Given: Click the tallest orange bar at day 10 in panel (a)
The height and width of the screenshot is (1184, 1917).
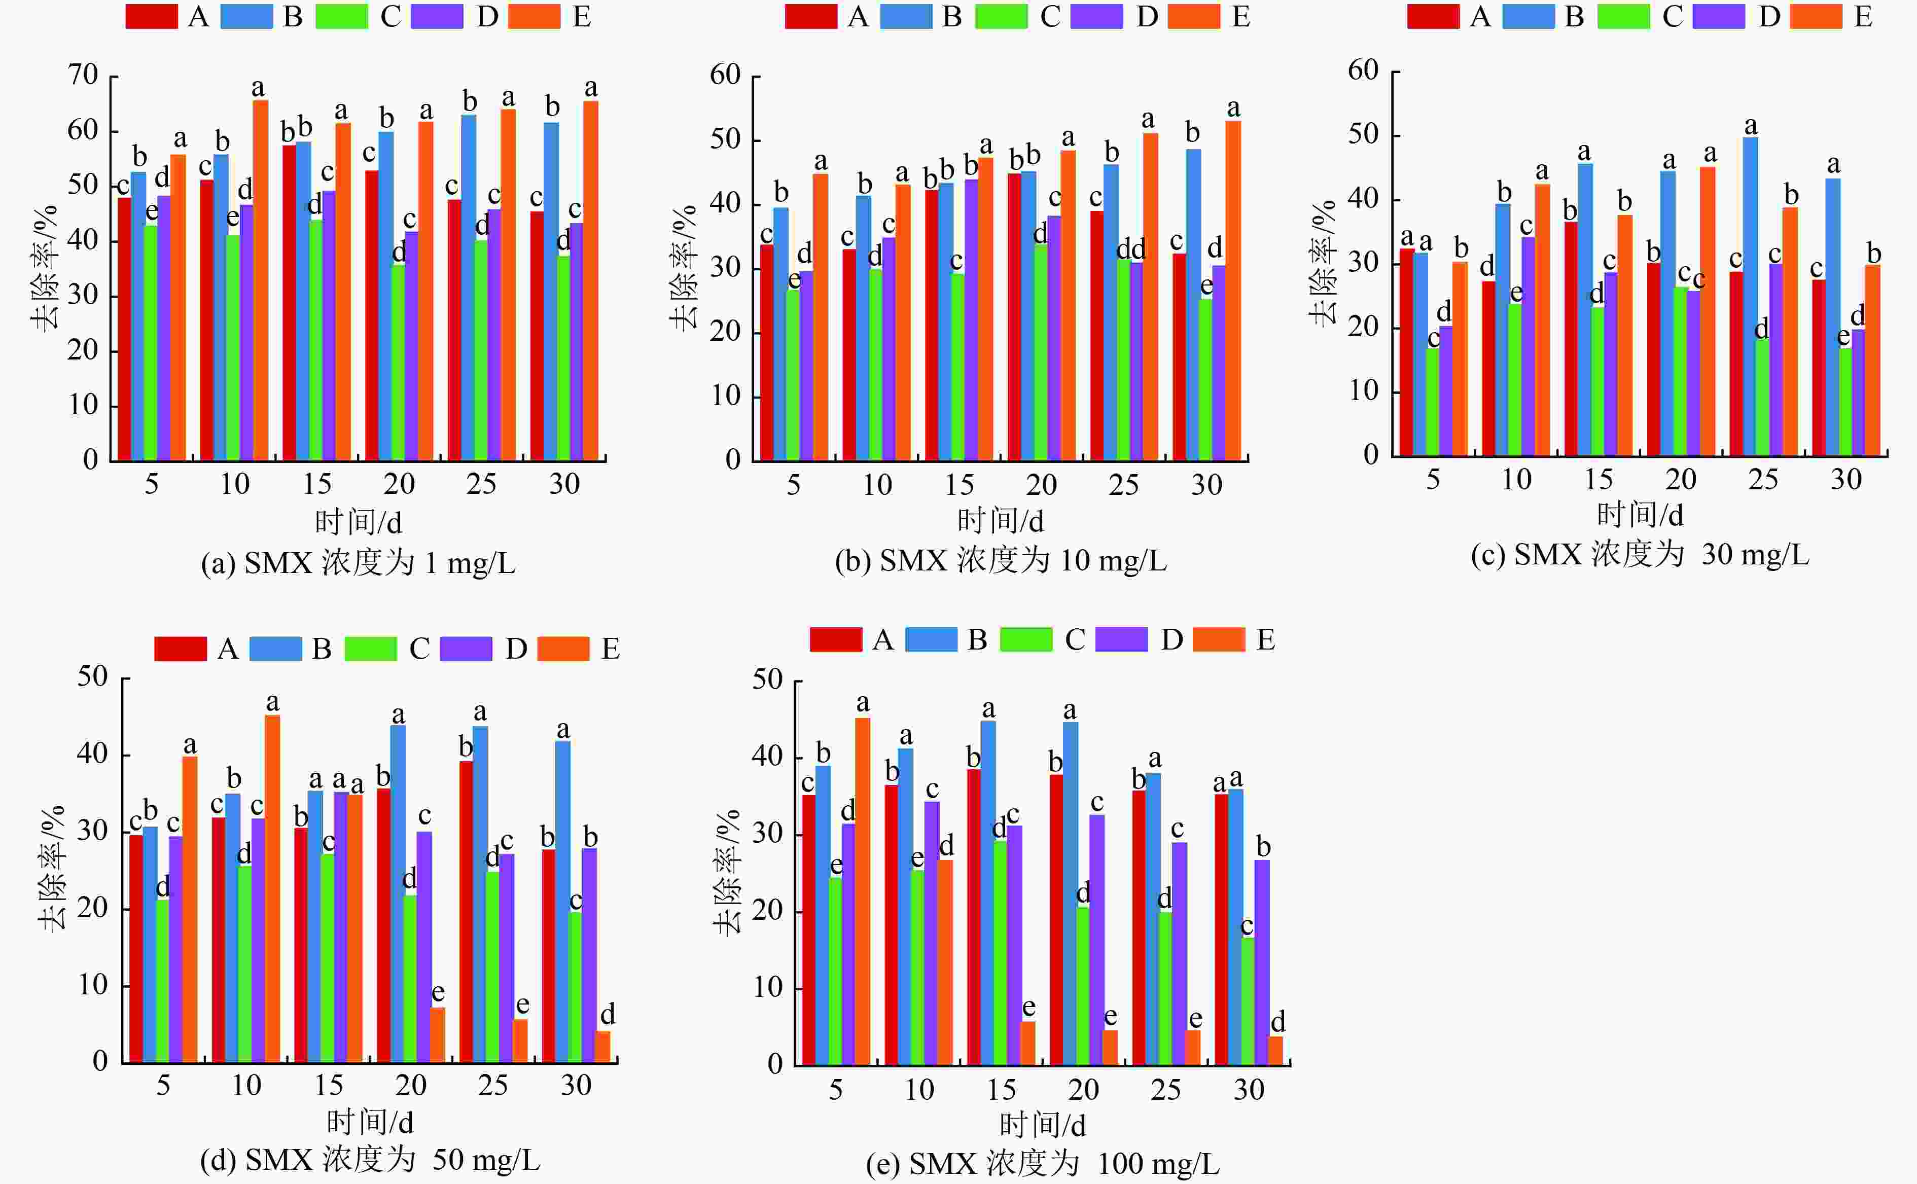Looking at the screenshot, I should [x=260, y=282].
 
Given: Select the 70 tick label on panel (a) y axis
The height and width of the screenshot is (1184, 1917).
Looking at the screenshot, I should [x=83, y=75].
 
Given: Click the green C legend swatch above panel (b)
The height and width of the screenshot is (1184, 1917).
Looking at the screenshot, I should [x=1001, y=16].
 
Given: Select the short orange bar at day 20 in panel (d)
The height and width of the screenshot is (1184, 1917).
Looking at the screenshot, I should [x=438, y=1035].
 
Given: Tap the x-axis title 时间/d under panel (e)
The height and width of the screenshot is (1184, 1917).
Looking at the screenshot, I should [x=1042, y=1125].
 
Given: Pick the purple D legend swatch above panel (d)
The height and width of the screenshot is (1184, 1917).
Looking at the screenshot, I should [x=466, y=649].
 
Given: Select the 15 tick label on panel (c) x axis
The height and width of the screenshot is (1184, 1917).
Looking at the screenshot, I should [x=1599, y=479].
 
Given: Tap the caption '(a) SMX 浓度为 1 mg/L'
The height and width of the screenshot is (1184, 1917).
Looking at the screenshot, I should [x=358, y=563].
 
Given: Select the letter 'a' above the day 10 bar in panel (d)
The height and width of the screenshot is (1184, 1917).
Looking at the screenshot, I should [x=272, y=702].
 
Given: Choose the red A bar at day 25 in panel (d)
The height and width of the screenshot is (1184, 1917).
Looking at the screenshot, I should [x=466, y=912].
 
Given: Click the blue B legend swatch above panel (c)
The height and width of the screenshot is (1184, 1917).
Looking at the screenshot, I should [x=1528, y=16].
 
